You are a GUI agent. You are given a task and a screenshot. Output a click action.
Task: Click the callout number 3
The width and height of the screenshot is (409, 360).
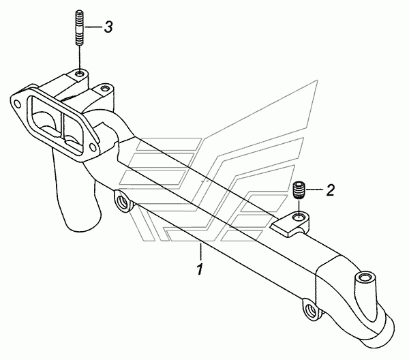[108, 28]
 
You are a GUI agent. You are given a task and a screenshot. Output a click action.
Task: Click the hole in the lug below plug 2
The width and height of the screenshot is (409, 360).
[297, 217]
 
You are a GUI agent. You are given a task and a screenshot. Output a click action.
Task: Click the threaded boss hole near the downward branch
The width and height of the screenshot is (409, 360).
[121, 202]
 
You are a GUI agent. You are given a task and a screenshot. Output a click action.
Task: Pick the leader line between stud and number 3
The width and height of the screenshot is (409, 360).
[91, 28]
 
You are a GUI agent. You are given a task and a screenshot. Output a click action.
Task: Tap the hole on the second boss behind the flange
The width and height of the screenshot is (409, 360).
[104, 88]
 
